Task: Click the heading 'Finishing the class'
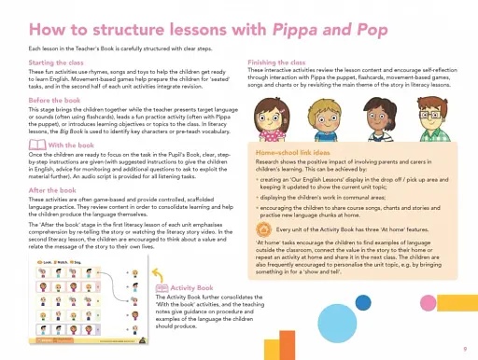279,61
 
